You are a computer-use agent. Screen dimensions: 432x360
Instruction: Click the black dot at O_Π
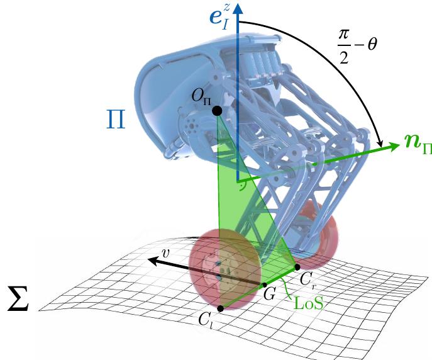point(217,111)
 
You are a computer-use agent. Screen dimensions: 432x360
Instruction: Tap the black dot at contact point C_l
point(221,309)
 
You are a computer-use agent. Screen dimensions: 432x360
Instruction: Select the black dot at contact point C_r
point(297,267)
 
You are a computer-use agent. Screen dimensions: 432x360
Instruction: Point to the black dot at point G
point(265,284)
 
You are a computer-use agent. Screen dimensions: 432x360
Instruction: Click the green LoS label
point(309,303)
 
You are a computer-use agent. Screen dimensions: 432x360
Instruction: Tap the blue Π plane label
point(116,120)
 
